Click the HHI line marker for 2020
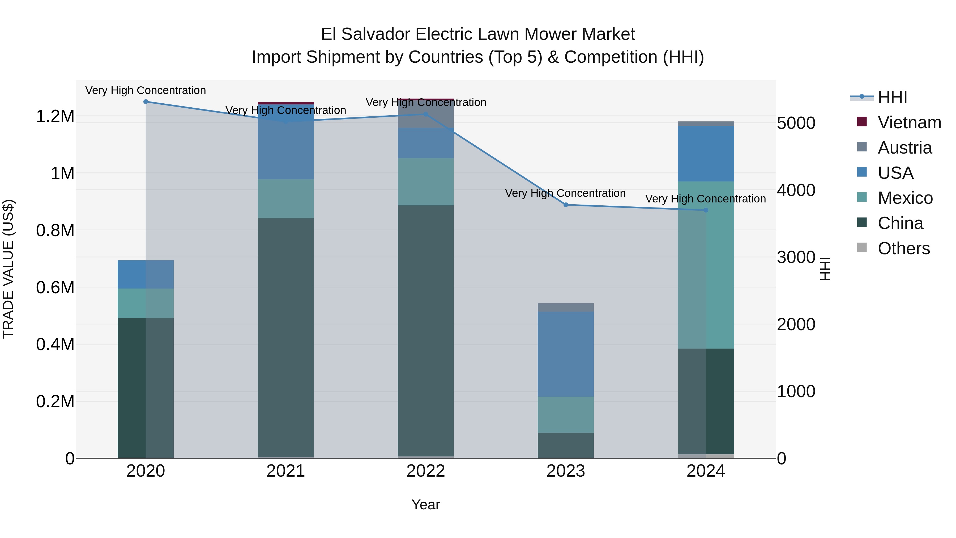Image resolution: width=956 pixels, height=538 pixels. [146, 102]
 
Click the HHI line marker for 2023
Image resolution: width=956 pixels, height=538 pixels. [566, 205]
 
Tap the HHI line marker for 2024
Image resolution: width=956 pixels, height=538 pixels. [706, 210]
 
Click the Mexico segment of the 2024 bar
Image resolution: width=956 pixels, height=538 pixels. [706, 265]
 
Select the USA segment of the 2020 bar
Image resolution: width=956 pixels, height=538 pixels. [146, 274]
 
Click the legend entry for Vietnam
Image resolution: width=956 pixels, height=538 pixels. [909, 122]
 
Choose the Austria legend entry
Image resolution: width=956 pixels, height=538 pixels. [904, 148]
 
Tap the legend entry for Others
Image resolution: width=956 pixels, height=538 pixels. [903, 248]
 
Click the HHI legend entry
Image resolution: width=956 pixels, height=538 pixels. [892, 97]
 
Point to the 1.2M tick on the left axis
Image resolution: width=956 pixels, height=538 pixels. [55, 116]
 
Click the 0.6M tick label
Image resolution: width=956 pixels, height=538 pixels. [55, 287]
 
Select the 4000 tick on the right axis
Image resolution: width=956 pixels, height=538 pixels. [796, 190]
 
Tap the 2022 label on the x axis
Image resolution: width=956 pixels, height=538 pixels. [426, 471]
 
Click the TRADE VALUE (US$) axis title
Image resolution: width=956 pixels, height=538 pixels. [8, 269]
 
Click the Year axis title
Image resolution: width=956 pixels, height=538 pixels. [426, 505]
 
